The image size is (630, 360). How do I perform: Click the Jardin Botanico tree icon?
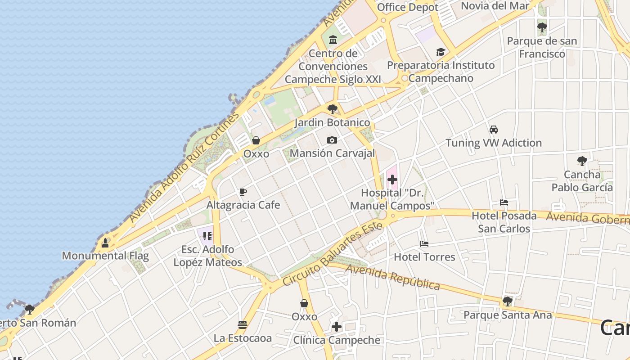pos(333,109)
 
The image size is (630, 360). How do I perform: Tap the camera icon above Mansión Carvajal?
pos(332,140)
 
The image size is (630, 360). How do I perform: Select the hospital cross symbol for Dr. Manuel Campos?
pos(392,180)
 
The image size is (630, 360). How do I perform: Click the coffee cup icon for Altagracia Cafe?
pos(243,192)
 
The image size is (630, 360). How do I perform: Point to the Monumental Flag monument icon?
pos(105,243)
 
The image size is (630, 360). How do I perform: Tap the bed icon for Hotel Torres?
pos(424,244)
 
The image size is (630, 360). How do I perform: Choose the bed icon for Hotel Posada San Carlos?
pos(504,202)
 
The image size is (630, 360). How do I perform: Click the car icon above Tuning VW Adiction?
pos(494,130)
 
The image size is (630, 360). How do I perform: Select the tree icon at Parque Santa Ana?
pos(508,301)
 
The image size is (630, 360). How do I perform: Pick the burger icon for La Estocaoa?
pos(243,324)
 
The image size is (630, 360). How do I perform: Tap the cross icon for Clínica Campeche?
pos(337,327)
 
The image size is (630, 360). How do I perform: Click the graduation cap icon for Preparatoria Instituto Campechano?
pos(441,52)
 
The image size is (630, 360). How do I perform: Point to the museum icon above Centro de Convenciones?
pos(333,40)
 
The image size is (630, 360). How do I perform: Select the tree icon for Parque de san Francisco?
pos(542,27)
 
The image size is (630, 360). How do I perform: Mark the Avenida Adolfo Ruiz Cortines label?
pos(184,167)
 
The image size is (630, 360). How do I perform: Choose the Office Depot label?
pos(407,7)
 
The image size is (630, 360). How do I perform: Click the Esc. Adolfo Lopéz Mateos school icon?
pos(207,236)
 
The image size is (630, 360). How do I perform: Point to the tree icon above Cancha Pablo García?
pos(582,161)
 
